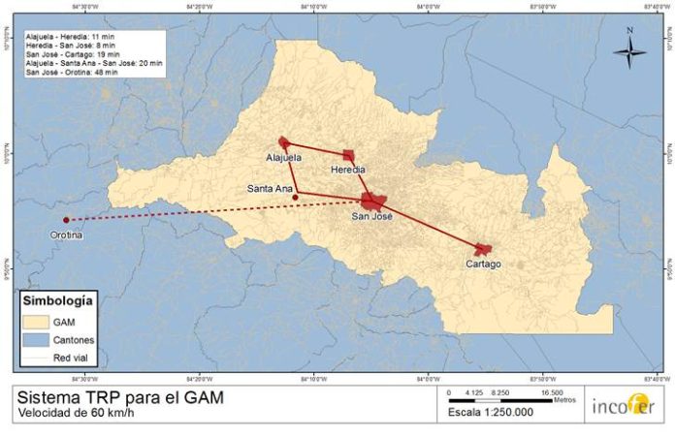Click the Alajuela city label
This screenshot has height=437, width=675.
[x=284, y=156]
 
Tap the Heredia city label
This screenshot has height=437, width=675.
[x=348, y=169]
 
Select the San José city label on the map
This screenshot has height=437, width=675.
[x=372, y=216]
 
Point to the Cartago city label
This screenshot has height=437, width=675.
[x=483, y=264]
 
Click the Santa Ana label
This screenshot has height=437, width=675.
[x=270, y=188]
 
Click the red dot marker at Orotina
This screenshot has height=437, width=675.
[x=66, y=220]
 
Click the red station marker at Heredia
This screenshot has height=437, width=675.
[x=349, y=155]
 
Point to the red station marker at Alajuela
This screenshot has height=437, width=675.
[x=283, y=141]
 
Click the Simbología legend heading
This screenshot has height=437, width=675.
[x=57, y=300]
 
